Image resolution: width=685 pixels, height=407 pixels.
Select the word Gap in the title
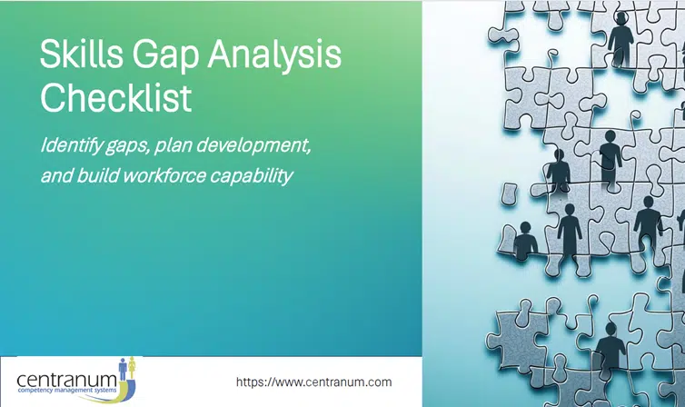point(170,57)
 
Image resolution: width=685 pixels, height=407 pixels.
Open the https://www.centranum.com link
point(313,382)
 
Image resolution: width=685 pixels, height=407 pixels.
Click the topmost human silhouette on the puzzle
point(621,40)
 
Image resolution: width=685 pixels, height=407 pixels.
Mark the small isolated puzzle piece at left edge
point(510,193)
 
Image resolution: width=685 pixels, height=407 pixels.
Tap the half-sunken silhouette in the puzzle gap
point(526,243)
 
